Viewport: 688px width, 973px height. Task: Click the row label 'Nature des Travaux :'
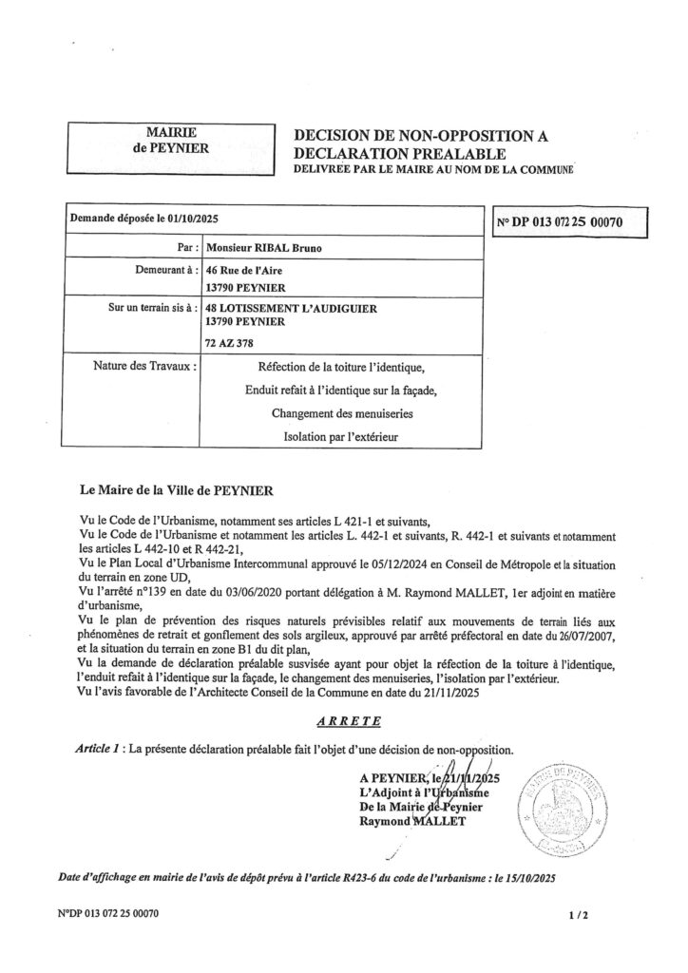pos(145,365)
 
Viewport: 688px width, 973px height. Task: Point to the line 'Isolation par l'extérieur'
pos(340,438)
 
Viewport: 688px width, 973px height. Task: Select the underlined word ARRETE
pos(343,721)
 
